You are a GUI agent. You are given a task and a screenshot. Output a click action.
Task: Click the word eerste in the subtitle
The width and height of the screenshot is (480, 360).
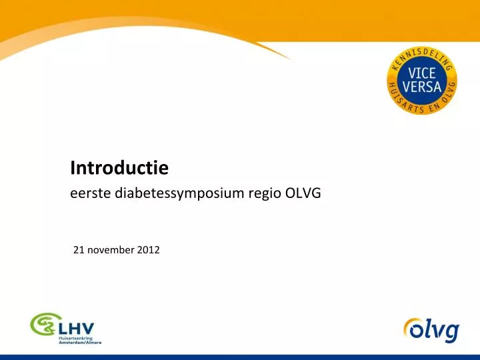point(91,194)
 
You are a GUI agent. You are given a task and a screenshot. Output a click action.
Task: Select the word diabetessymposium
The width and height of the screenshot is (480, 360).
point(182,195)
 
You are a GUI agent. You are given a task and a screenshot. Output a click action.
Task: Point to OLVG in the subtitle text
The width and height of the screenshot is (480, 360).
point(303,194)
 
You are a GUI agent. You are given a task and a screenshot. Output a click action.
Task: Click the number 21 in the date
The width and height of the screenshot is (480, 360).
point(78,250)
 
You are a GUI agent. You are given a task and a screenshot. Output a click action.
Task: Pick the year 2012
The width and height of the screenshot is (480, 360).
point(148,250)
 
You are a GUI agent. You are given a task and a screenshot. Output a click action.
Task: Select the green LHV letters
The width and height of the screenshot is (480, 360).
point(75,328)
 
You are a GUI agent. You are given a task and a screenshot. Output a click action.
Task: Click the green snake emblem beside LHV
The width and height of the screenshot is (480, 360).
point(43,327)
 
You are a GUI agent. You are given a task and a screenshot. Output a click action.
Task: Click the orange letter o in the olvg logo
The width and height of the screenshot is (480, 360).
point(412,329)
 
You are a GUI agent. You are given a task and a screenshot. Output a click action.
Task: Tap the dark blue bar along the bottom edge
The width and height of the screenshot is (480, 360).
point(240,357)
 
